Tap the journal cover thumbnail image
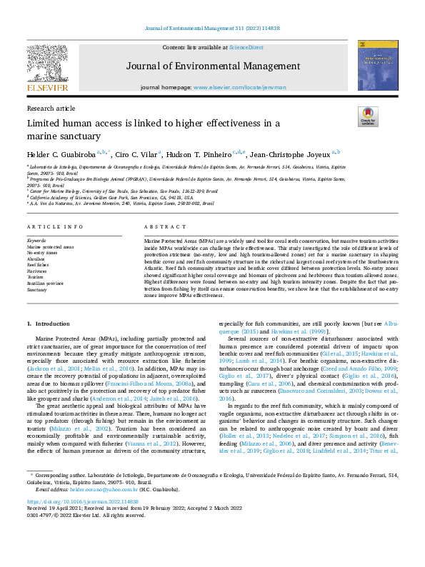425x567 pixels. pyautogui.click(x=377, y=69)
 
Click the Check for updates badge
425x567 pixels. pyautogui.click(x=368, y=117)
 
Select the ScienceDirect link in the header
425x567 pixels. pyautogui.click(x=246, y=47)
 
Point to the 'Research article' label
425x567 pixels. pyautogui.click(x=51, y=108)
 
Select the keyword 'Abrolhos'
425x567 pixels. pyautogui.click(x=36, y=259)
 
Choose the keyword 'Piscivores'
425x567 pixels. pyautogui.click(x=37, y=271)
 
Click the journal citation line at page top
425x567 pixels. pyautogui.click(x=212, y=29)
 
